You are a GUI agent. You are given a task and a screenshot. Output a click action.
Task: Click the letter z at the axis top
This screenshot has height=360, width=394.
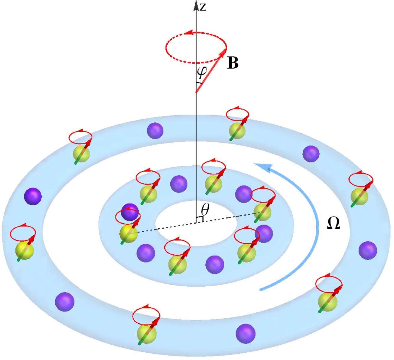203,7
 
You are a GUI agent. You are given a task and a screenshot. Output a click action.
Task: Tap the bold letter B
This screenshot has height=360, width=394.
233,63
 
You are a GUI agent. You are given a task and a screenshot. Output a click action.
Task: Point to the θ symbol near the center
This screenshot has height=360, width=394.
205,209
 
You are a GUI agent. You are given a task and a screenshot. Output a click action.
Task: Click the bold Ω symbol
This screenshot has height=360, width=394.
333,224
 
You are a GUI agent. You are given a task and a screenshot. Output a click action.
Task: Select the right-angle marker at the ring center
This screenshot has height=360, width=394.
200,219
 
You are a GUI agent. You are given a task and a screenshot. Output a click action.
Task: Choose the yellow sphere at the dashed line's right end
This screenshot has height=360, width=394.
262,212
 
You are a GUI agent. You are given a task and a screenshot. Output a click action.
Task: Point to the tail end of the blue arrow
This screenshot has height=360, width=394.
260,290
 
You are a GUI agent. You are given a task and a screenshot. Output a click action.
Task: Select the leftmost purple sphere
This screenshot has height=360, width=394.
33,196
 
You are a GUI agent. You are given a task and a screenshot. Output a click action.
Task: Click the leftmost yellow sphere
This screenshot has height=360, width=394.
25,250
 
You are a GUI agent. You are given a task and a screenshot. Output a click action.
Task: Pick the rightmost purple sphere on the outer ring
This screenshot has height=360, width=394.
368,250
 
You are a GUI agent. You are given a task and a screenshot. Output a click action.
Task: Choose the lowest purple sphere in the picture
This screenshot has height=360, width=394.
245,333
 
